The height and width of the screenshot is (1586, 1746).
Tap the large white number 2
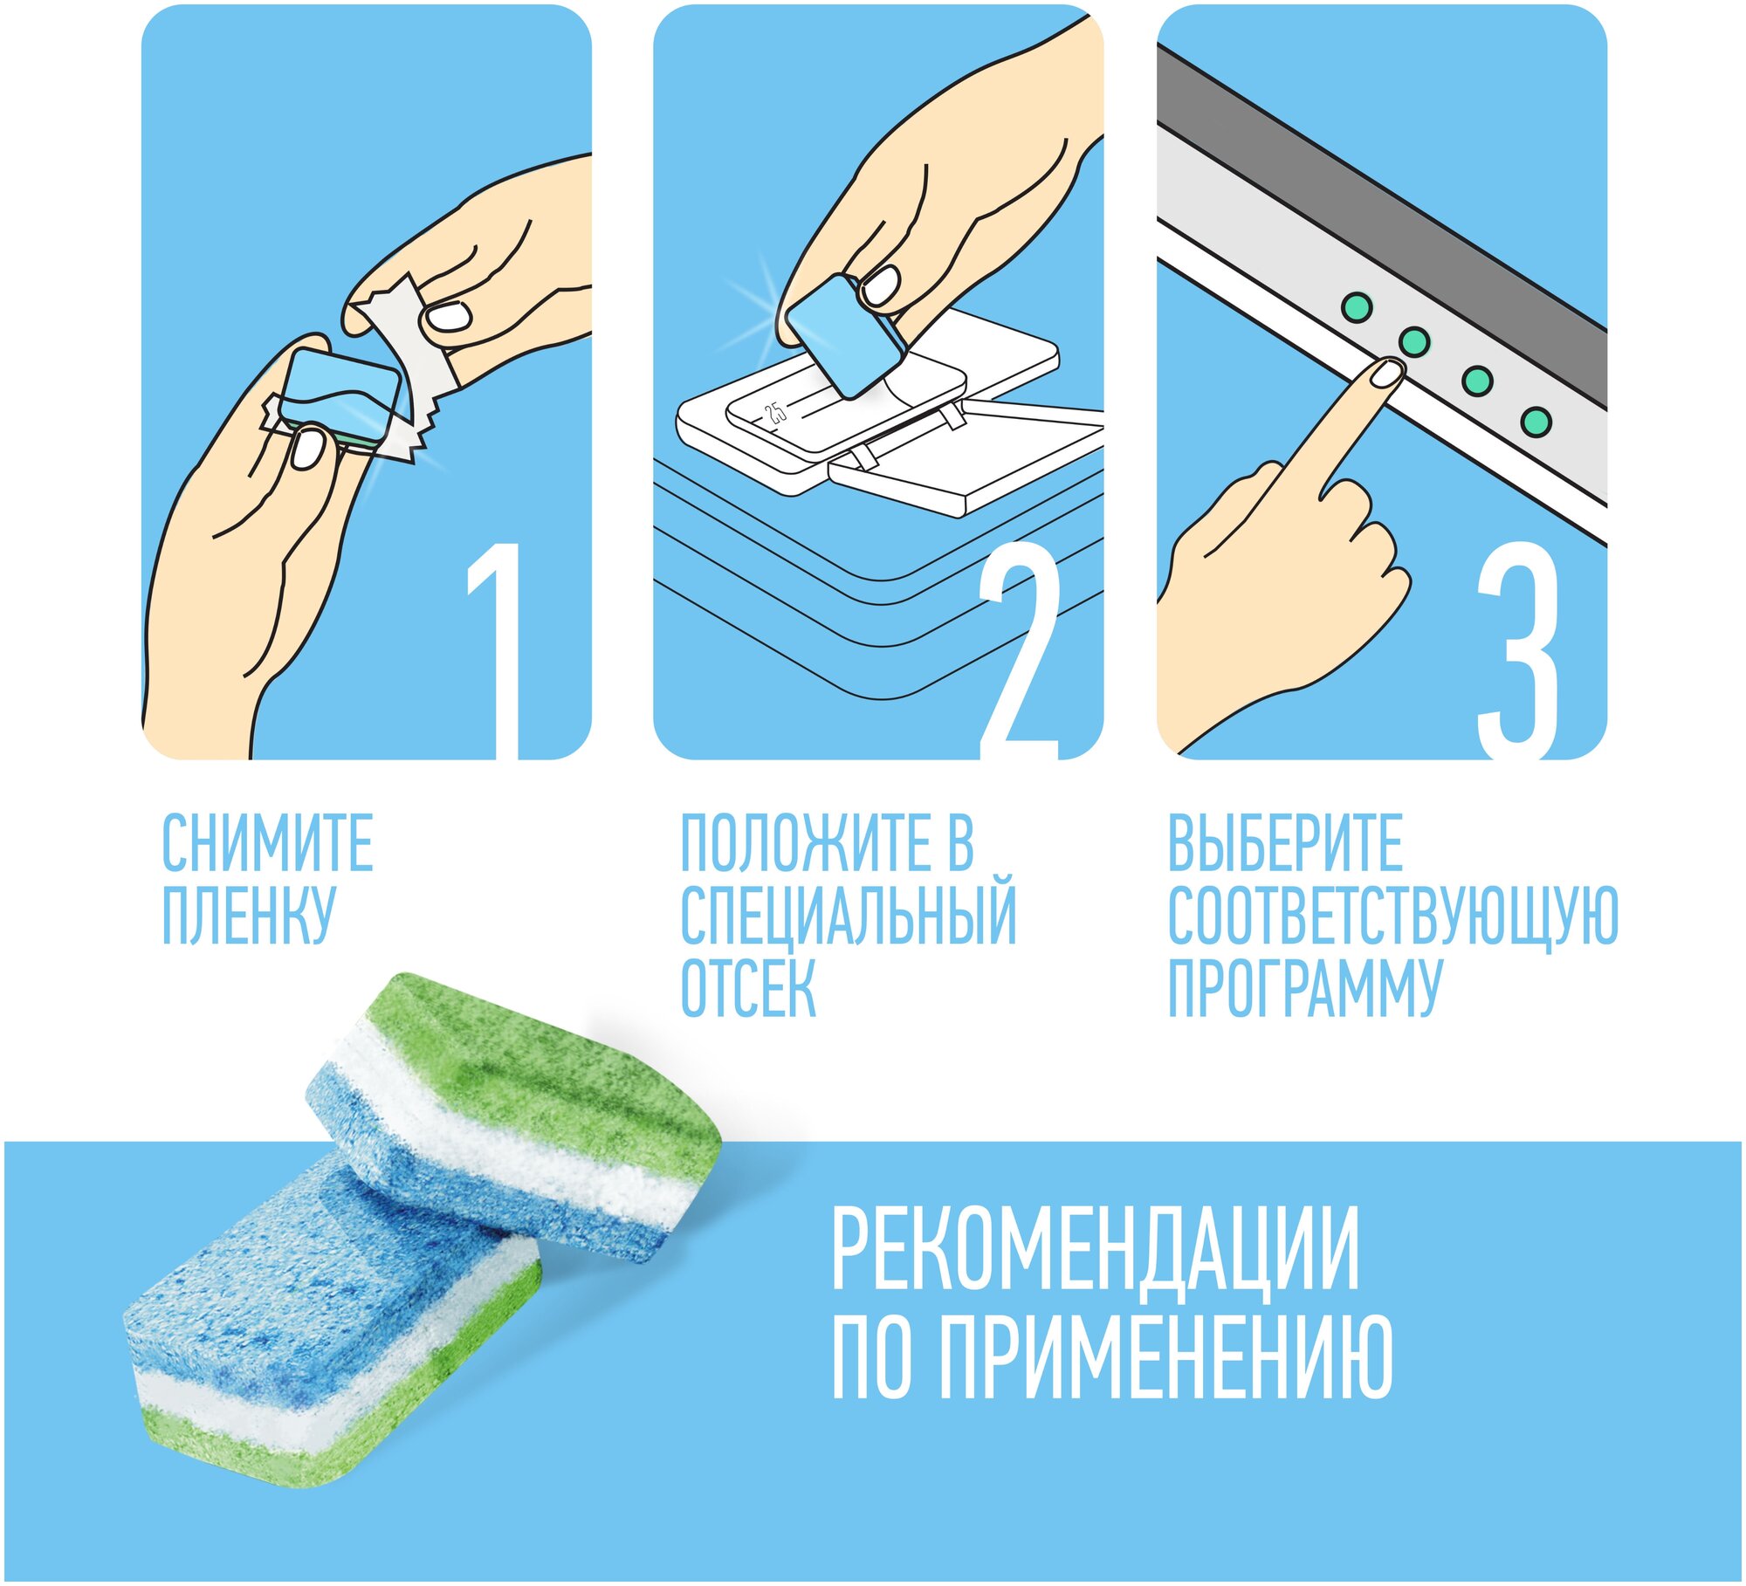click(x=1019, y=650)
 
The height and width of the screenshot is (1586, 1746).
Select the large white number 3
click(x=1517, y=650)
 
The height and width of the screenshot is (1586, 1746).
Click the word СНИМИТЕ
click(x=268, y=842)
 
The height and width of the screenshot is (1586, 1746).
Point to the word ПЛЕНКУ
click(x=248, y=915)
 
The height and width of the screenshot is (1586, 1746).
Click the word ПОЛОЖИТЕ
click(x=793, y=842)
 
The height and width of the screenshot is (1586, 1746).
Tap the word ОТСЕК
click(x=748, y=988)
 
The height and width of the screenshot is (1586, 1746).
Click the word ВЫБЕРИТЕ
click(x=1285, y=842)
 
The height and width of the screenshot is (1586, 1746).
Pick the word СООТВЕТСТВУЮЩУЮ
click(x=1393, y=916)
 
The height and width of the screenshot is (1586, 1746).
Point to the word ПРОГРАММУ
click(x=1305, y=988)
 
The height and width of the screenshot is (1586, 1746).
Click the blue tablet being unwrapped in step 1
click(x=343, y=395)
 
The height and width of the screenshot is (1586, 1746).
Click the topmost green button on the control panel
click(x=1357, y=306)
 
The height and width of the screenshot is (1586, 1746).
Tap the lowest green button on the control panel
click(x=1536, y=422)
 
